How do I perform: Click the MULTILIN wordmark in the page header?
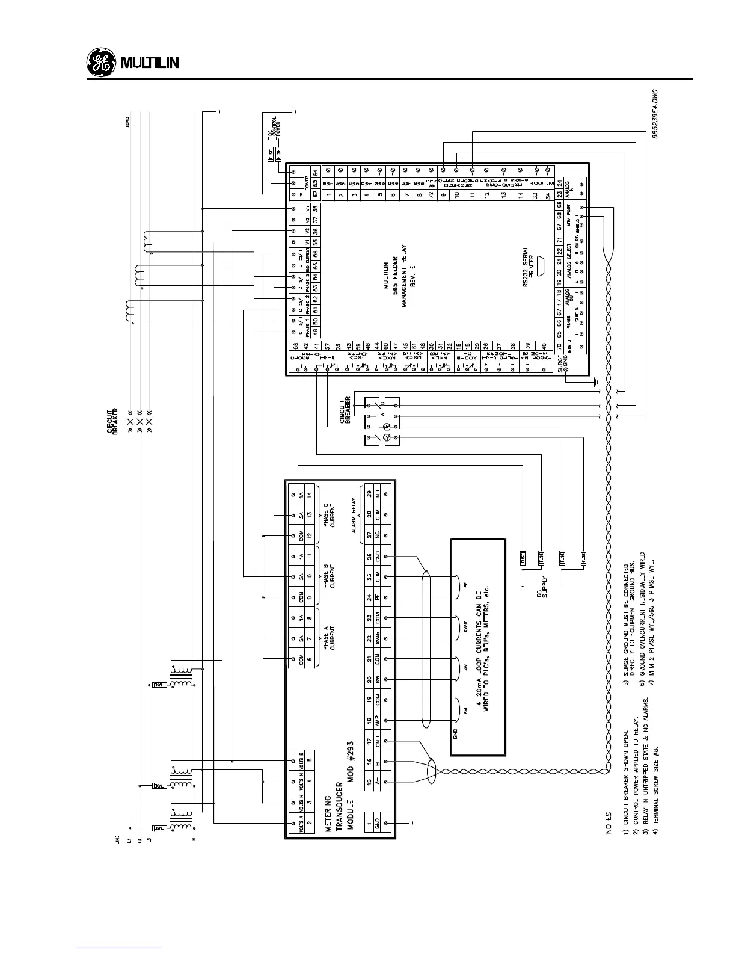point(150,63)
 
